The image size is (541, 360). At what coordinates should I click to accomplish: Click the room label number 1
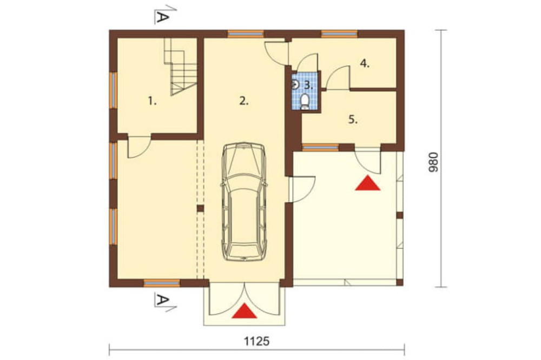tap(152, 101)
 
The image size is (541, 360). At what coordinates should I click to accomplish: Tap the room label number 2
tap(243, 101)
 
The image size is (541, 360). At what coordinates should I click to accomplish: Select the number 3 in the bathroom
tap(308, 85)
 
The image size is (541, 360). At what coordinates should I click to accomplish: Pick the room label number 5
tap(353, 120)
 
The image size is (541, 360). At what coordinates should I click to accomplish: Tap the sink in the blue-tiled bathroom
tap(295, 84)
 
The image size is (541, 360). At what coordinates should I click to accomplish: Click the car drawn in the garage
tap(244, 202)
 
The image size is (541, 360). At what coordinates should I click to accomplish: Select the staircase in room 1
tap(180, 66)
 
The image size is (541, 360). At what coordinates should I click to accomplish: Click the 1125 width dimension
tap(257, 342)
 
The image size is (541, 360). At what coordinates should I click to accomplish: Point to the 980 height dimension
tap(433, 162)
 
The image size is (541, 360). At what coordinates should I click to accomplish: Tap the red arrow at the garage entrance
tap(245, 311)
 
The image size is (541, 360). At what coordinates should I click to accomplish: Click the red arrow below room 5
tap(368, 183)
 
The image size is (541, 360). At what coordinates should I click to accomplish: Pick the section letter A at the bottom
tap(162, 300)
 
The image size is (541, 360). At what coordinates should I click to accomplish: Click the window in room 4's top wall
tap(339, 34)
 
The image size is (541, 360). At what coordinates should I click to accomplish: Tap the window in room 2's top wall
tap(246, 34)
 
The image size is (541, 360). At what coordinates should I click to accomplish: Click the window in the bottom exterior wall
tap(162, 283)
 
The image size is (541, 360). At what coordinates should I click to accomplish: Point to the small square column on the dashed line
tap(200, 208)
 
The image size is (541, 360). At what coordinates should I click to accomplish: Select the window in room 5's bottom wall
tap(320, 148)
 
